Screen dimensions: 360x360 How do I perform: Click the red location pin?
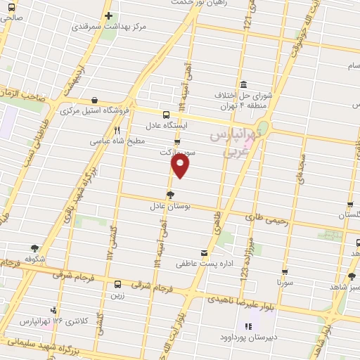pos(181,166)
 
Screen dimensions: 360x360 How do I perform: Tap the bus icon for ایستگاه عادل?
pos(167,115)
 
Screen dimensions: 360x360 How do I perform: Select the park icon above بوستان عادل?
pos(171,195)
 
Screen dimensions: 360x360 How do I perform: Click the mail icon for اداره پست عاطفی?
pos(204,253)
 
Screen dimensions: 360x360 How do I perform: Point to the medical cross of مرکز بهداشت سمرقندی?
pos(108,16)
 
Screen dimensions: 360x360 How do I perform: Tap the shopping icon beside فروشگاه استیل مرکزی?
pos(94,101)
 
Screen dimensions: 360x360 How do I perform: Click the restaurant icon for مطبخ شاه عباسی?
pos(117,130)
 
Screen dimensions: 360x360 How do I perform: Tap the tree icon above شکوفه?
pos(34,247)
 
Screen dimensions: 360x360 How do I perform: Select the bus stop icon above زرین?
pos(117,285)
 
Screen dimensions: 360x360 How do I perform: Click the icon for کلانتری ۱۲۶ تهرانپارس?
pos(54,310)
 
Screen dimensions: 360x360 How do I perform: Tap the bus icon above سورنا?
pos(285,271)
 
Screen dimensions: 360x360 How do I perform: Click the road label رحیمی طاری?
pos(268,219)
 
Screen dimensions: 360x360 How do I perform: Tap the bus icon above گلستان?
pos(350,205)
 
